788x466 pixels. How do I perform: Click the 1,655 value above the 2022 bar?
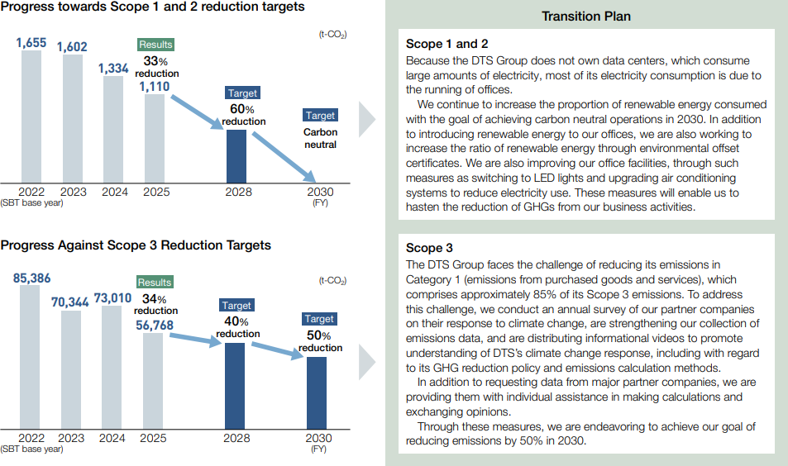click(31, 42)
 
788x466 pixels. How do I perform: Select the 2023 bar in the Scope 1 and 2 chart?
click(72, 119)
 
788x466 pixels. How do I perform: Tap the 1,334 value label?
click(113, 69)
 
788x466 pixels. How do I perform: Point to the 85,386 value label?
click(32, 278)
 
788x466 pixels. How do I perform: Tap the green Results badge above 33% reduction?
click(155, 45)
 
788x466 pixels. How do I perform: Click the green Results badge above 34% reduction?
click(155, 283)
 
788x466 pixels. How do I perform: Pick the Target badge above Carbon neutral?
click(320, 116)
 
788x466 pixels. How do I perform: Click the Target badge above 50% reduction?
click(319, 319)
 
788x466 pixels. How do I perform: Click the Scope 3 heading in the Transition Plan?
click(429, 248)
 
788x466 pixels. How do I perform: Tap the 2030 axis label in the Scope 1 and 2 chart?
click(319, 192)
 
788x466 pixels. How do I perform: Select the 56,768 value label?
click(155, 326)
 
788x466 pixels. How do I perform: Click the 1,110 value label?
click(155, 85)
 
